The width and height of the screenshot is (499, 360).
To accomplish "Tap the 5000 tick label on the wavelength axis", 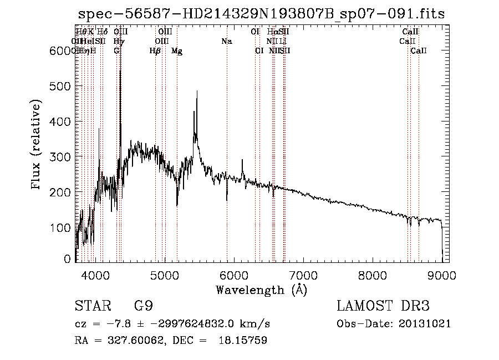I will [165, 275].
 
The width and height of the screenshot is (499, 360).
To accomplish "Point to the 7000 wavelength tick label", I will [303, 275].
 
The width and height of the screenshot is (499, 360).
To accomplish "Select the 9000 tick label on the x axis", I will [442, 275].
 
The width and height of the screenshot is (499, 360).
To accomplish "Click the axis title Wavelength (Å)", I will [261, 290].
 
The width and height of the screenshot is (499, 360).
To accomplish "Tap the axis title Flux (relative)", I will [37, 145].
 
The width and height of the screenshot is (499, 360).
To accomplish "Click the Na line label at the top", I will [226, 42].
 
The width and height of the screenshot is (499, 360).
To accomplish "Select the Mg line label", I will [177, 51].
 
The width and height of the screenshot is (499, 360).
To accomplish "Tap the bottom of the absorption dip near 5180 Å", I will [177, 206].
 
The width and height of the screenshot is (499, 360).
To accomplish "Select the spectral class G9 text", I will [143, 306].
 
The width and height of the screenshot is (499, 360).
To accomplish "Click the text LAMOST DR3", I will [383, 306].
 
